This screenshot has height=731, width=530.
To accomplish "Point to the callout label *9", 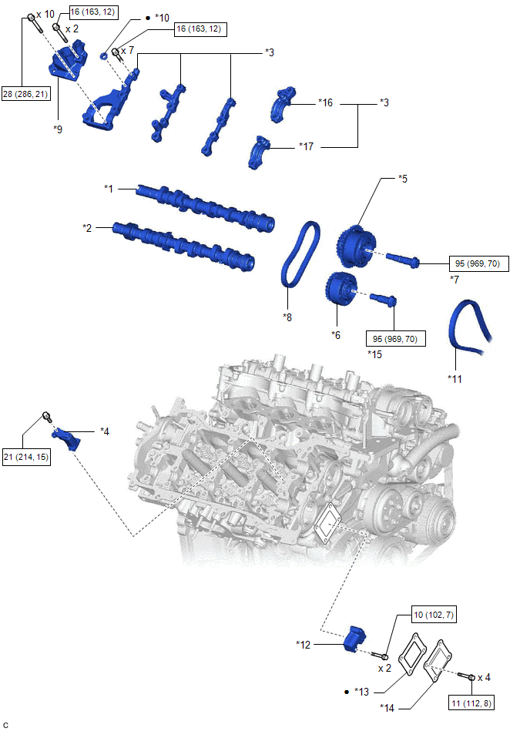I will tap(58, 129).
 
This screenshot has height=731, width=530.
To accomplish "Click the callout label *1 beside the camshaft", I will tap(109, 188).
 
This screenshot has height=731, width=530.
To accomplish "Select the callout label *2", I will tap(88, 228).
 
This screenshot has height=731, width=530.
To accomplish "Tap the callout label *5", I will tap(402, 179).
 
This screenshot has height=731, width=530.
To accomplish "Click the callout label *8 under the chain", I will tap(287, 316).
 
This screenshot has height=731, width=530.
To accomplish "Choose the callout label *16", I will tap(327, 102).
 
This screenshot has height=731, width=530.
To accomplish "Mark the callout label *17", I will tap(307, 145).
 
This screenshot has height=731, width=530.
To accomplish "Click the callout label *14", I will tap(389, 706).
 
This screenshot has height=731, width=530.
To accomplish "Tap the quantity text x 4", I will tap(484, 678).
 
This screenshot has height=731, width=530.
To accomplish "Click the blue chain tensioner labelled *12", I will tap(355, 639).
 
